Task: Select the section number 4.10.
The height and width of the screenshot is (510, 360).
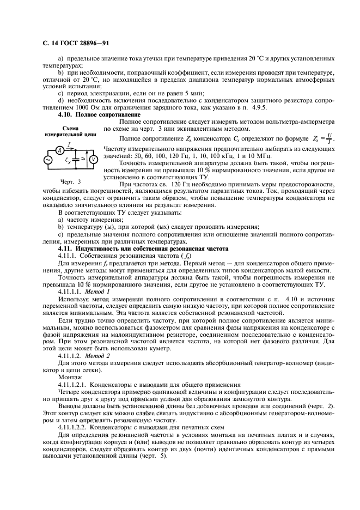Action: (65, 115)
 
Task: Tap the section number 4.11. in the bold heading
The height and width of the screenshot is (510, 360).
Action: (66, 248)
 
